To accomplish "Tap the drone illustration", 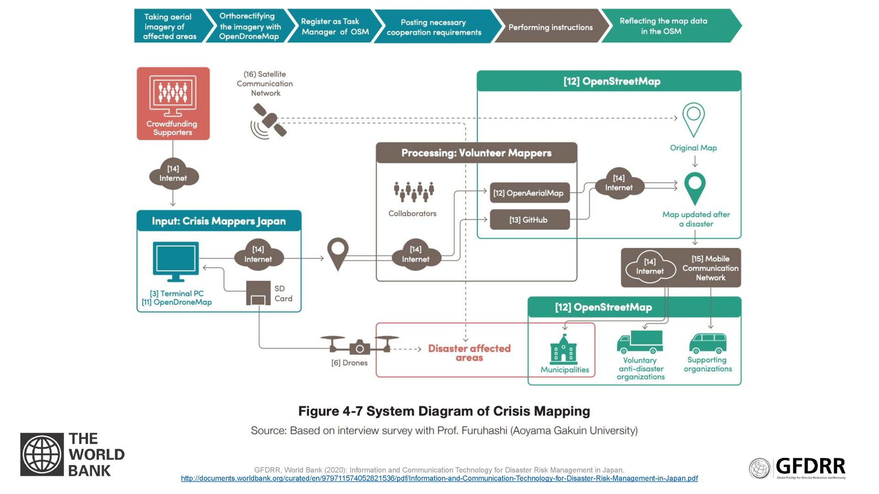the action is (x=359, y=345).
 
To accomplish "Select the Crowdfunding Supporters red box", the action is (x=173, y=103).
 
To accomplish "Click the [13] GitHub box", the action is (x=530, y=220).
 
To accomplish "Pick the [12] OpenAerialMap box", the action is (x=530, y=193).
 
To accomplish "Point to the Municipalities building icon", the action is (x=563, y=349).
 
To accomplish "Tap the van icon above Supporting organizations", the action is (x=708, y=344).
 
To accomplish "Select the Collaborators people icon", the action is (x=414, y=192).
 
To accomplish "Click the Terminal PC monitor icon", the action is (x=176, y=262).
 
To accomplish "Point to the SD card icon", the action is (x=258, y=293).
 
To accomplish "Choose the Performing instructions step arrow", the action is (x=551, y=26).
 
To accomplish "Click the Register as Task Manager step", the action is (x=335, y=26).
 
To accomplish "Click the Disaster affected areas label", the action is (x=469, y=353).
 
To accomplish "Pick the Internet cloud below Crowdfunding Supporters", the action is (x=174, y=174).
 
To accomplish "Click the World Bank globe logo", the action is (x=42, y=455).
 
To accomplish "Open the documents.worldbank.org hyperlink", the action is (x=439, y=478).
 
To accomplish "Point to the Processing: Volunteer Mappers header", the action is (x=476, y=153).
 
